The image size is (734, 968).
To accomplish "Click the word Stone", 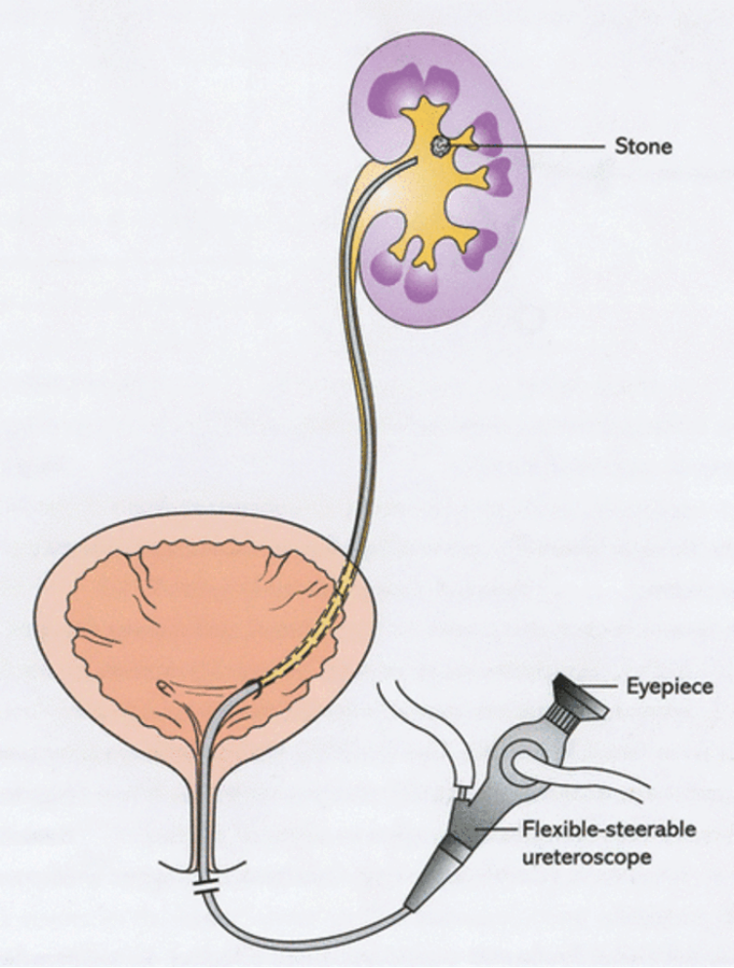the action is (x=643, y=147).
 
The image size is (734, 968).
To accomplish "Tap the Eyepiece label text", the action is (x=670, y=687).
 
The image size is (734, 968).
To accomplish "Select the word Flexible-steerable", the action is (x=609, y=828).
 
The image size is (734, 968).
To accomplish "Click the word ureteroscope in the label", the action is (x=587, y=858).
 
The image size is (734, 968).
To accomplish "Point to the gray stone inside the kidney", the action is (x=439, y=145).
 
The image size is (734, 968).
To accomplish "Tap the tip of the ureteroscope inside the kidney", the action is (x=414, y=159).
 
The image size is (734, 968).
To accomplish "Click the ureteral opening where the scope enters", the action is (x=255, y=685).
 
